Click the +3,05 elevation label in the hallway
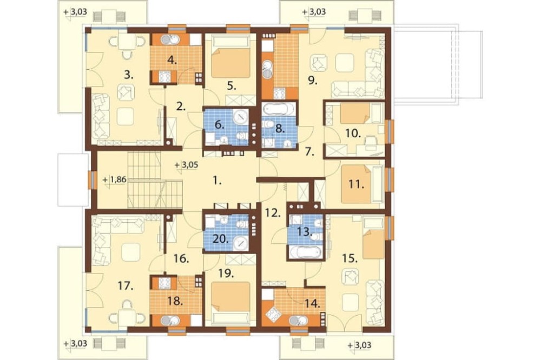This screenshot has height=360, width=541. [x=186, y=164]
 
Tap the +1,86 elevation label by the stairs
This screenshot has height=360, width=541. [x=115, y=179]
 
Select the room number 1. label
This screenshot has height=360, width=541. [x=216, y=181]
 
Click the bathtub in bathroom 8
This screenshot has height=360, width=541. [x=279, y=109]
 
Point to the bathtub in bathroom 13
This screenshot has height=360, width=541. [x=305, y=251]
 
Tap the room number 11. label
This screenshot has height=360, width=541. [x=357, y=185]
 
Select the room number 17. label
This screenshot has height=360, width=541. [x=126, y=285]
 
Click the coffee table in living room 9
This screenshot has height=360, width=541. [x=344, y=62]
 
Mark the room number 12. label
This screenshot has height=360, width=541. [x=273, y=213]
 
